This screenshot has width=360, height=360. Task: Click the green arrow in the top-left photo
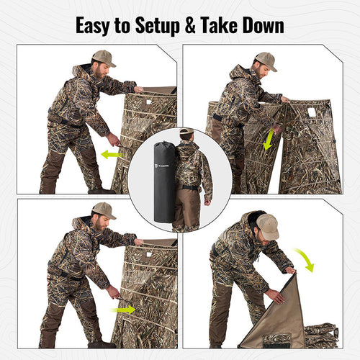coord(112,153)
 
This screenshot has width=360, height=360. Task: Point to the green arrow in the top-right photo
coord(269,139)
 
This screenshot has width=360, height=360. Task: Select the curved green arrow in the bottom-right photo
coord(305,260)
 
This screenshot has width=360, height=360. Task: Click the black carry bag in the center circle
coord(165,181)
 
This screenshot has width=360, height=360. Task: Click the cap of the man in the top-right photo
coord(266,60)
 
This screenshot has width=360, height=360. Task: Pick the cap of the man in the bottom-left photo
coord(104,210)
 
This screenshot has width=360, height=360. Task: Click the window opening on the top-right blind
coord(312,112)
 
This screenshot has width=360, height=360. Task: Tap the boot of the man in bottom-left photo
coord(101,343)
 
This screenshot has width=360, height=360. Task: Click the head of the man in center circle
coord(186,135)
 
